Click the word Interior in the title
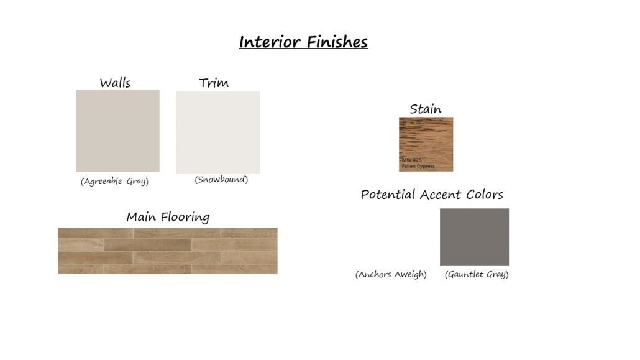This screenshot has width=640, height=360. coord(270,42)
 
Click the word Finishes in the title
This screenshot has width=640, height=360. coord(337,42)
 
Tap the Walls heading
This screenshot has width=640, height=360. coord(115,83)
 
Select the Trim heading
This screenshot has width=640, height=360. coord(214,83)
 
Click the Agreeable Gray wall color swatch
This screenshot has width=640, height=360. coord(117,131)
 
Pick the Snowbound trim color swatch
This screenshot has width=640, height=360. coord(218,133)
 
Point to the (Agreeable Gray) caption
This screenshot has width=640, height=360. coord(115,182)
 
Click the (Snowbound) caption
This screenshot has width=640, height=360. coord(221,180)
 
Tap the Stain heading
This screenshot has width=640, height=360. coord(425,109)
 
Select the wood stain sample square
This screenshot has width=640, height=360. coord(426,144)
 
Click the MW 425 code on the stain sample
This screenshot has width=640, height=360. coord(411,160)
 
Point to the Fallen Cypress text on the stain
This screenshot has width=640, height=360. coord(418,166)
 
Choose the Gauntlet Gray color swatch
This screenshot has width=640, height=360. coord(474,238)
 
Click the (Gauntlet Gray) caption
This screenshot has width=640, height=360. coord(477,275)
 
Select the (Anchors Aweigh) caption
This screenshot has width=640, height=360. coord(391,275)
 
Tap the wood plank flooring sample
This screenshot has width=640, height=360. coord(168,251)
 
